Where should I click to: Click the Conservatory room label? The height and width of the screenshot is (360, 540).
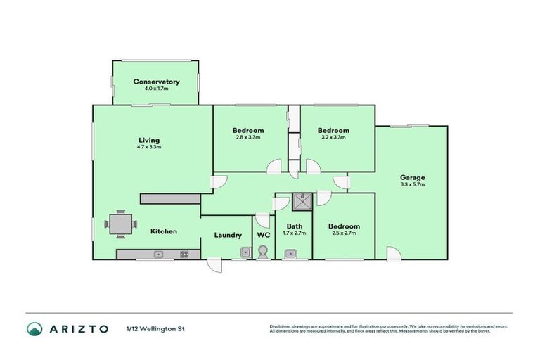156,82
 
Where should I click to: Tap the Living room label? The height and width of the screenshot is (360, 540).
149,140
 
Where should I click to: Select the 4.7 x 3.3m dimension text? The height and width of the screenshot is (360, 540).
149,147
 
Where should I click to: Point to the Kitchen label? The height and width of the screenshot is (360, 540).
163,231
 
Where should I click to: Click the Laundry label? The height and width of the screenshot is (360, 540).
228,235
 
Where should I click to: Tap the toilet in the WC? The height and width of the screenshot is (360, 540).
264,252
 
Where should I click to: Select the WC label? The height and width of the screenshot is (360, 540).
263,235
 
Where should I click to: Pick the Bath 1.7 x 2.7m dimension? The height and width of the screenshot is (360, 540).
295,233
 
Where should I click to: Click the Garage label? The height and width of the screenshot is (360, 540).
412,177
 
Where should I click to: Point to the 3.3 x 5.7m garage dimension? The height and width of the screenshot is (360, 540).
412,184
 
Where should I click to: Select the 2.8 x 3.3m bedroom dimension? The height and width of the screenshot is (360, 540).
248,138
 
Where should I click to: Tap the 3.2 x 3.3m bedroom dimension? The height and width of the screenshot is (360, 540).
333,138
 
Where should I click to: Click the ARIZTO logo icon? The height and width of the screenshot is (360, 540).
34,328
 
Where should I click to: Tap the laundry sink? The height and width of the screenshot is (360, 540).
245,252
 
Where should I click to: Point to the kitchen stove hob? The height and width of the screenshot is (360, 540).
184,254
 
